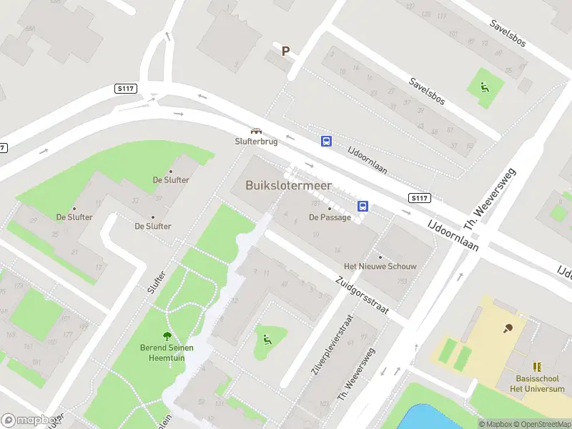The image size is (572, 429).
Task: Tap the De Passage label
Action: coord(330,217)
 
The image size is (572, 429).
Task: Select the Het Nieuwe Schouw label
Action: coord(380,266)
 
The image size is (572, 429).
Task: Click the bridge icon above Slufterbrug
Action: coord(255,131)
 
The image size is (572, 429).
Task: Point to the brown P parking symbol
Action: coord(285,51)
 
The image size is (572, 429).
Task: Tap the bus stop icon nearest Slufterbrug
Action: coord(326,142)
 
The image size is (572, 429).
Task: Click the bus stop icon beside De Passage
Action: coord(363,207)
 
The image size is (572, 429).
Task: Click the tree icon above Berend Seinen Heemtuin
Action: coord(167,335)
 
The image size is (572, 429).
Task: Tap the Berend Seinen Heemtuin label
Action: coord(167,352)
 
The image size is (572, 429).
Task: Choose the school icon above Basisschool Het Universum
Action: coord(538,366)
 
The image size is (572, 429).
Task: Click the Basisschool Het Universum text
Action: coord(540,384)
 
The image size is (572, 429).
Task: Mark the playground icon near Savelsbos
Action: coord(485,89)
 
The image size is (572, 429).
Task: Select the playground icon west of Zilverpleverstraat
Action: coord(268,340)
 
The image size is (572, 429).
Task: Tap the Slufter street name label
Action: coord(155,282)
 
